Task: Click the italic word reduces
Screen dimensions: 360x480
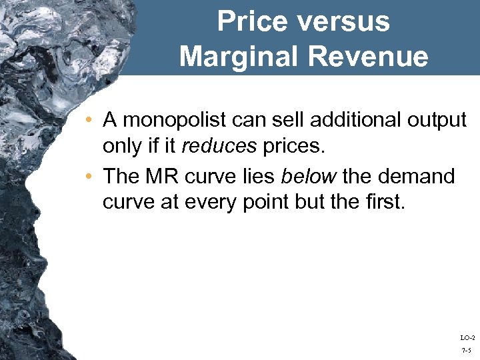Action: (x=219, y=145)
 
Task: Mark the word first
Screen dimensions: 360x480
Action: (x=382, y=201)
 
